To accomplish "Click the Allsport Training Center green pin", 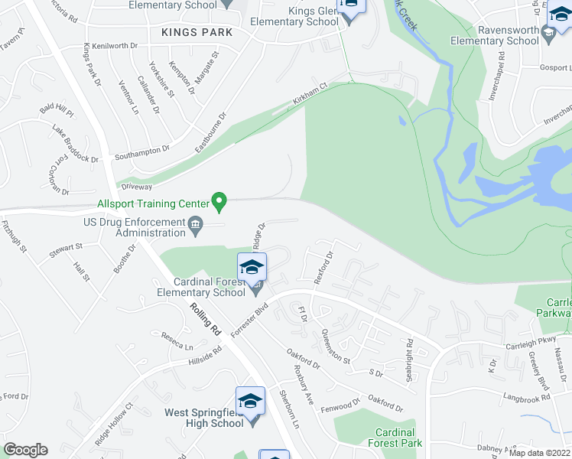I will pos(219,202).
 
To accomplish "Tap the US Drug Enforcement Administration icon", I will pos(196,224).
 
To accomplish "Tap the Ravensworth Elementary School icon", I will pos(548,33).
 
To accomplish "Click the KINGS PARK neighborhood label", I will pos(197,32).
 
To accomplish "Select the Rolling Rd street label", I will pos(204,320).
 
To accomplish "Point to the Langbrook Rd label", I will pos(526,398).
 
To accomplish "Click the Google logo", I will pos(25,450).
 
